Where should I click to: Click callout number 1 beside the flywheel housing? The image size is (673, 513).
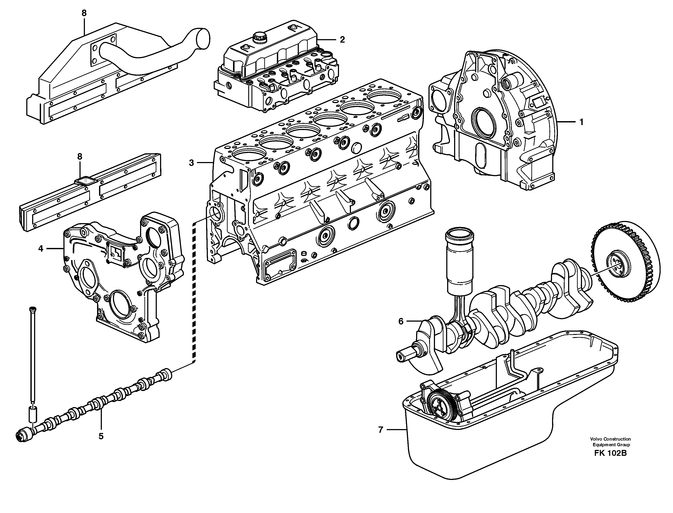tap(581, 122)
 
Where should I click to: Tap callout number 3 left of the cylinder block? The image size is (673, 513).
tap(191, 163)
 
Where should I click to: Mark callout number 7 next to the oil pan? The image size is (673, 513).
tap(380, 430)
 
